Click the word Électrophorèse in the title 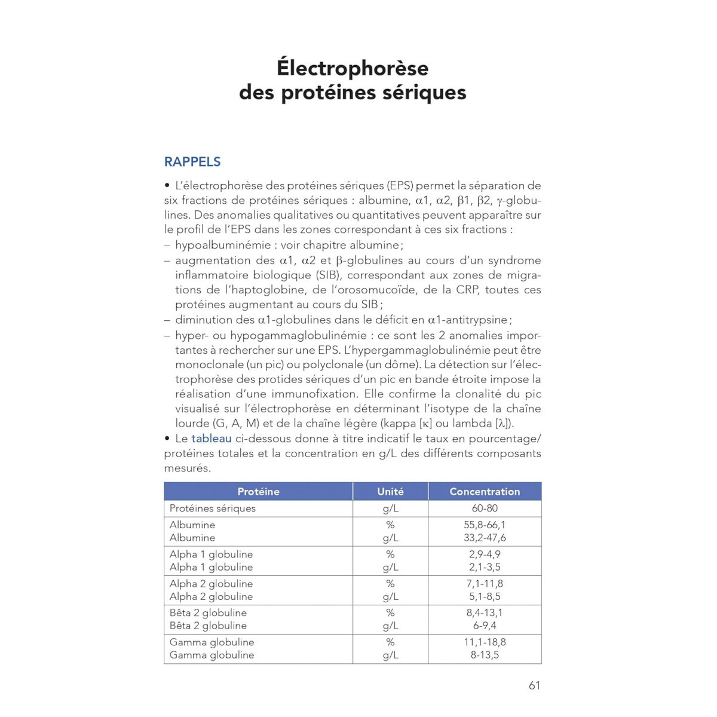tap(353, 68)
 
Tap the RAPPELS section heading tap(192, 162)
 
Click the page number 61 tap(534, 685)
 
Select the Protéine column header tap(258, 492)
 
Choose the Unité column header tap(390, 492)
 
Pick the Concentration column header tap(485, 492)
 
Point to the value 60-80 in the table tap(485, 508)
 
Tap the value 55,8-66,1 tap(485, 525)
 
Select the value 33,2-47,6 tap(485, 538)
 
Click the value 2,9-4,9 tap(485, 554)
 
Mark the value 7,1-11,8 tap(485, 584)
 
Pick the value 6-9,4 tap(485, 626)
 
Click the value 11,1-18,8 tap(485, 642)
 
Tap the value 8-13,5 tap(485, 655)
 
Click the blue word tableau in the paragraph tap(211, 439)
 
